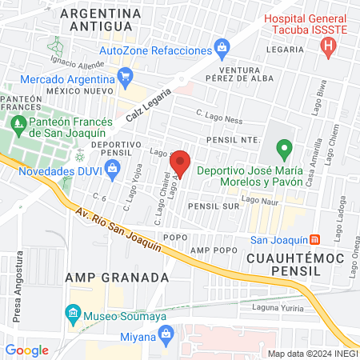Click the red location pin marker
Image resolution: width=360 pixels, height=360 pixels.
[x=180, y=162]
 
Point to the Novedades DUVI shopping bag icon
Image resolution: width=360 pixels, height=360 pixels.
[x=112, y=167]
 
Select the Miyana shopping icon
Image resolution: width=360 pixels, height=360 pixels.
[x=167, y=337]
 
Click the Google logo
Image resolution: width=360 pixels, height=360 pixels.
[x=26, y=350]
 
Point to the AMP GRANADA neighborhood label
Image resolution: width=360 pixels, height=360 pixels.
[x=117, y=277]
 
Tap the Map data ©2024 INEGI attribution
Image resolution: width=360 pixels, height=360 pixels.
[x=313, y=353]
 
